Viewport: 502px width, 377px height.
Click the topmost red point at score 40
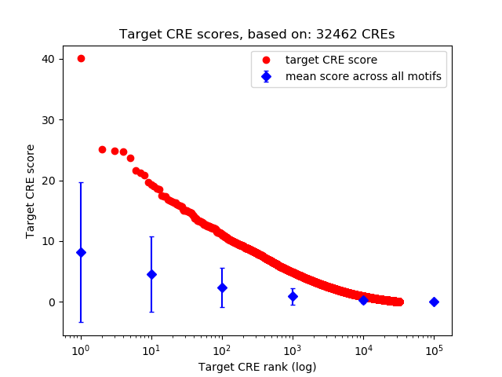tap(81, 58)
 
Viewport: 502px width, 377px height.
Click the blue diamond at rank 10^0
tap(81, 252)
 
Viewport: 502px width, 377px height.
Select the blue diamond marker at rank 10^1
tap(151, 274)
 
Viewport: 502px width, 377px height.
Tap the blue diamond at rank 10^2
tap(222, 287)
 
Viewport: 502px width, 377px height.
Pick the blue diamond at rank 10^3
tap(293, 296)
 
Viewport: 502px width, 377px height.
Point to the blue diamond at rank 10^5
tap(434, 302)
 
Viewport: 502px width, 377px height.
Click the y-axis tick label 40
tap(49, 59)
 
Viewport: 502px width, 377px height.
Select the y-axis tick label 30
tap(49, 119)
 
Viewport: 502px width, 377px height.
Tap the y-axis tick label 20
tap(49, 181)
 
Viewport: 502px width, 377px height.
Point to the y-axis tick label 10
tap(49, 241)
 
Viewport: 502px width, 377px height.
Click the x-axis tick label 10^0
tap(80, 350)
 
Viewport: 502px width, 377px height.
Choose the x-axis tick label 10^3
tap(292, 350)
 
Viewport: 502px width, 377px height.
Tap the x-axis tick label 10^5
tap(433, 350)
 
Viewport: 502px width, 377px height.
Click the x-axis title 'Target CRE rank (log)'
tap(257, 367)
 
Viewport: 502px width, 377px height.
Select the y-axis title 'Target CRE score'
tap(31, 191)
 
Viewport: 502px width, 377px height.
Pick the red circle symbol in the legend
tap(266, 60)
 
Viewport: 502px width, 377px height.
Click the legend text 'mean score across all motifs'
tap(363, 76)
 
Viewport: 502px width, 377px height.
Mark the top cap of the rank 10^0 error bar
tap(81, 183)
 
